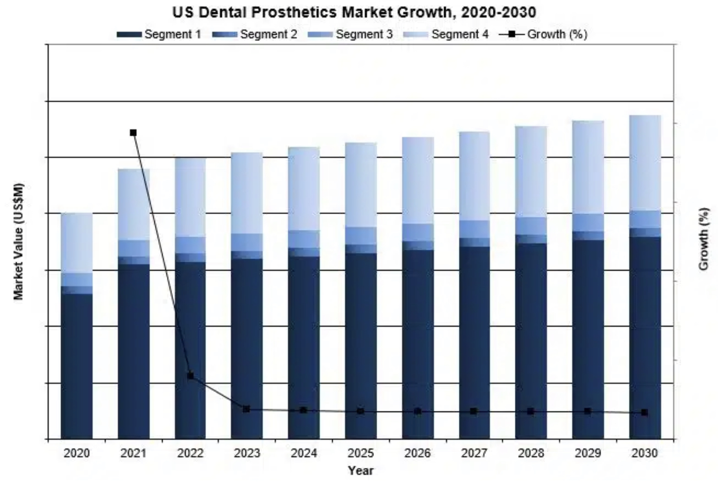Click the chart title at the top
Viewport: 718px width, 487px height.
coord(354,12)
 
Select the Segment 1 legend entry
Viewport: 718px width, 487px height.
coord(159,34)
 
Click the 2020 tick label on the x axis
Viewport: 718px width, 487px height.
coord(76,453)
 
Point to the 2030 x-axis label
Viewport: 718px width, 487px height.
coord(644,453)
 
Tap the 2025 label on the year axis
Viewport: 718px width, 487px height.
coord(360,453)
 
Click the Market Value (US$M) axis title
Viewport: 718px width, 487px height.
coord(19,241)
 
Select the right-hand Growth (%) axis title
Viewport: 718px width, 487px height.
coord(703,238)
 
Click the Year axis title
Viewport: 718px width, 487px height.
coord(360,471)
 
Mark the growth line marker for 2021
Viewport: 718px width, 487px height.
coord(133,132)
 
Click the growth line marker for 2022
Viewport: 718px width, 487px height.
coord(190,376)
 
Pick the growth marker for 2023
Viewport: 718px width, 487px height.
coord(247,409)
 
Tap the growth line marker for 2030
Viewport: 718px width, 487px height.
coord(644,412)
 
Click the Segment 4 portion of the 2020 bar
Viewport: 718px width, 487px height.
coord(76,243)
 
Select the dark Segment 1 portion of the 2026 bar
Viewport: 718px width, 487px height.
coord(417,344)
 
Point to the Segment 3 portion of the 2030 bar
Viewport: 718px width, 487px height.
coord(645,219)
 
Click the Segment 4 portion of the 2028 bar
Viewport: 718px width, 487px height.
coord(531,172)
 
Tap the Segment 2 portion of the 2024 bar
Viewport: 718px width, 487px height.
coord(304,252)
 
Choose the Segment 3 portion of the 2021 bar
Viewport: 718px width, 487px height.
coord(133,248)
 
